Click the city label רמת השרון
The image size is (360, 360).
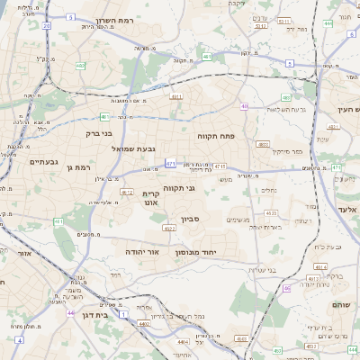(x=112, y=21)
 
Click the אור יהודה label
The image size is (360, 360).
(x=141, y=251)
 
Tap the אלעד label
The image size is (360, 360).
(x=346, y=210)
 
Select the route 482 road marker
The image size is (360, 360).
(x=80, y=66)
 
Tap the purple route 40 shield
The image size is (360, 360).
(x=244, y=106)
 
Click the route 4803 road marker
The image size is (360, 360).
(x=263, y=143)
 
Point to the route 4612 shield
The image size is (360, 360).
(x=127, y=191)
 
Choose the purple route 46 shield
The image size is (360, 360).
(x=286, y=288)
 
